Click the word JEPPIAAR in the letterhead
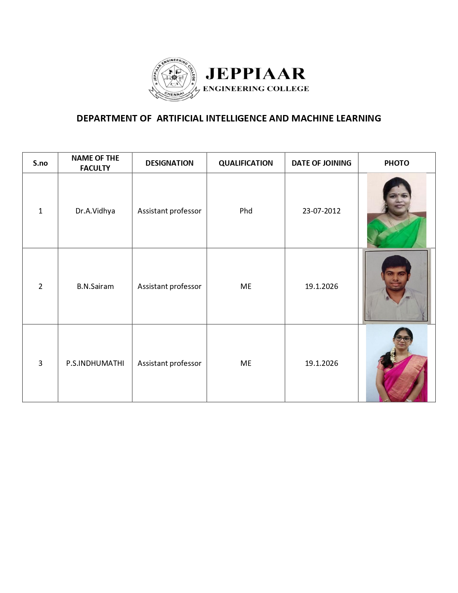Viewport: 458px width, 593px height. (x=255, y=74)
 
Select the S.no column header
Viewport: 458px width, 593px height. (x=40, y=163)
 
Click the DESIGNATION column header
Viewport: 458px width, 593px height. (x=169, y=163)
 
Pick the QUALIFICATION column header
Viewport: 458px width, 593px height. (x=246, y=163)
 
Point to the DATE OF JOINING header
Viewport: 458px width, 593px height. (x=321, y=163)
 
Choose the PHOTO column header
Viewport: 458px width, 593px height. (x=397, y=163)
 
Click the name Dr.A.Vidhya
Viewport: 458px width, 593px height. (x=95, y=211)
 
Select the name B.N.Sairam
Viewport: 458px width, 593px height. (x=95, y=286)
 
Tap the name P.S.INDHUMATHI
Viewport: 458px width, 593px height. (x=95, y=363)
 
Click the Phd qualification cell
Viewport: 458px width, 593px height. (x=246, y=211)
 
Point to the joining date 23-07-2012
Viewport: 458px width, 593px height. (x=321, y=211)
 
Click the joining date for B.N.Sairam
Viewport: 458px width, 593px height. (x=321, y=286)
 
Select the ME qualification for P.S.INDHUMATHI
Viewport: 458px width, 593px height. (x=246, y=363)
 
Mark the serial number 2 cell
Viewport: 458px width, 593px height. (x=40, y=286)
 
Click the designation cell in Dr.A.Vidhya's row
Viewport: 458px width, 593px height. (x=169, y=211)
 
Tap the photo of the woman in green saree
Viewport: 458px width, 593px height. (x=397, y=211)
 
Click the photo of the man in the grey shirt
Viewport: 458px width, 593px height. (x=397, y=286)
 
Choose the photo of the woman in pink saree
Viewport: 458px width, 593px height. (x=397, y=363)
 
